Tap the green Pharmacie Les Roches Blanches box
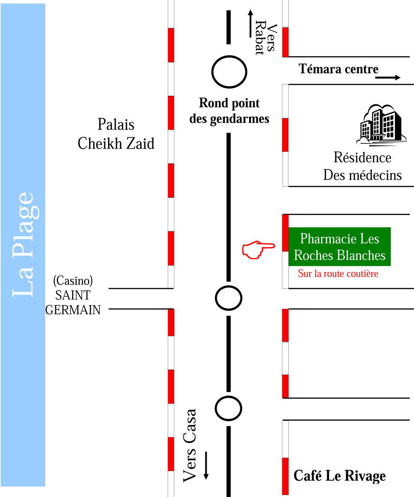(x=339, y=246)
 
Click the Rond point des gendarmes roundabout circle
(x=229, y=72)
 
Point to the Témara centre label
(x=339, y=69)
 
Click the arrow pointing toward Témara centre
(x=388, y=77)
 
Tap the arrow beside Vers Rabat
(x=250, y=23)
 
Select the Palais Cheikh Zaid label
(x=116, y=134)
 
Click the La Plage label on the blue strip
(x=23, y=244)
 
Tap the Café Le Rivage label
(x=339, y=476)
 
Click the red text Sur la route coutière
(x=338, y=274)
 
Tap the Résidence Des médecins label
(x=363, y=166)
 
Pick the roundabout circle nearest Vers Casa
(x=229, y=409)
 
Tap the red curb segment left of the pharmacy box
(x=285, y=233)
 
